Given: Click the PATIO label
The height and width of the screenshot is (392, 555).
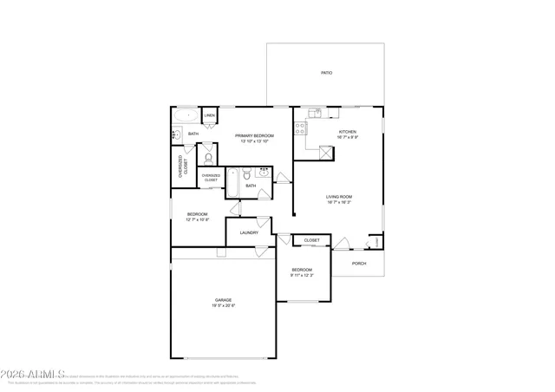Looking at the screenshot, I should tap(326, 73).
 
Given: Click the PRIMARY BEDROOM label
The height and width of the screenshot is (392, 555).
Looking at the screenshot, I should tap(255, 136).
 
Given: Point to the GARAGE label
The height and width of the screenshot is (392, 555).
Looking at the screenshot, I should tap(224, 300).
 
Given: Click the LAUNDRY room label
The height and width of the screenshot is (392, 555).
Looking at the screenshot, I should tap(249, 232).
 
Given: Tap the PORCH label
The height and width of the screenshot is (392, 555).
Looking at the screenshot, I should tap(359, 264).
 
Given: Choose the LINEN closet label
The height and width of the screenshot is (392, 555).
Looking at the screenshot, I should tap(210, 115).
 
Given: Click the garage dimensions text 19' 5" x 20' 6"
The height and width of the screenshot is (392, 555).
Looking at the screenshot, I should tap(224, 306).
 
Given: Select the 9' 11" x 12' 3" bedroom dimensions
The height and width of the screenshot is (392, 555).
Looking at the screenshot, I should tap(302, 275).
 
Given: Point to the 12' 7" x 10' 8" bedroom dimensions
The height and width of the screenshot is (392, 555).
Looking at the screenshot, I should tap(198, 219).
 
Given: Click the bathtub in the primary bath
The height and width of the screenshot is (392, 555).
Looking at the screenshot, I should tap(186, 114).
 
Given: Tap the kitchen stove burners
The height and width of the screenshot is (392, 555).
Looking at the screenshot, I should tap(300, 128).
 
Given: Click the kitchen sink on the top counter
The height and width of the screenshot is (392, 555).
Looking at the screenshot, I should tap(316, 114).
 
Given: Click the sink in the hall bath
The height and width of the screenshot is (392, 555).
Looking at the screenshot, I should tap(261, 173).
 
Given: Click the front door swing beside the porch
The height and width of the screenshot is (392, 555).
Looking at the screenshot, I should tap(342, 245).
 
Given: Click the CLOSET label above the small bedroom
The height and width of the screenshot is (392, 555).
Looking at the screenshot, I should tap(311, 240).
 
